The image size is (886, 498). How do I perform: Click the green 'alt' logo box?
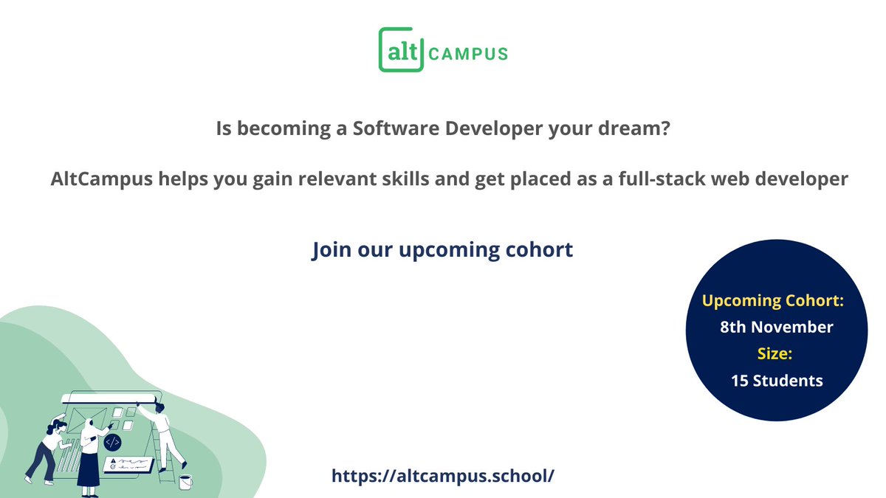pyautogui.click(x=401, y=50)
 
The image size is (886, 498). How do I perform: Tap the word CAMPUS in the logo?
pyautogui.click(x=468, y=54)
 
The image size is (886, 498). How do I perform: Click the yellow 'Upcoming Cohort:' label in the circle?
pyautogui.click(x=773, y=301)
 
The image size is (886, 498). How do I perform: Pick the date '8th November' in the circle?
pyautogui.click(x=777, y=327)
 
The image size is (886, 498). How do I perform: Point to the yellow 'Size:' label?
pyautogui.click(x=775, y=353)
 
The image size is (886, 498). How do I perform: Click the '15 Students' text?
pyautogui.click(x=777, y=381)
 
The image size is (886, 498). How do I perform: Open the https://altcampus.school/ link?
pyautogui.click(x=442, y=475)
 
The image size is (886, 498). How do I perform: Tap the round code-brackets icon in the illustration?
pyautogui.click(x=112, y=443)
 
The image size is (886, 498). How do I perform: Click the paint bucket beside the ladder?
pyautogui.click(x=185, y=482)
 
